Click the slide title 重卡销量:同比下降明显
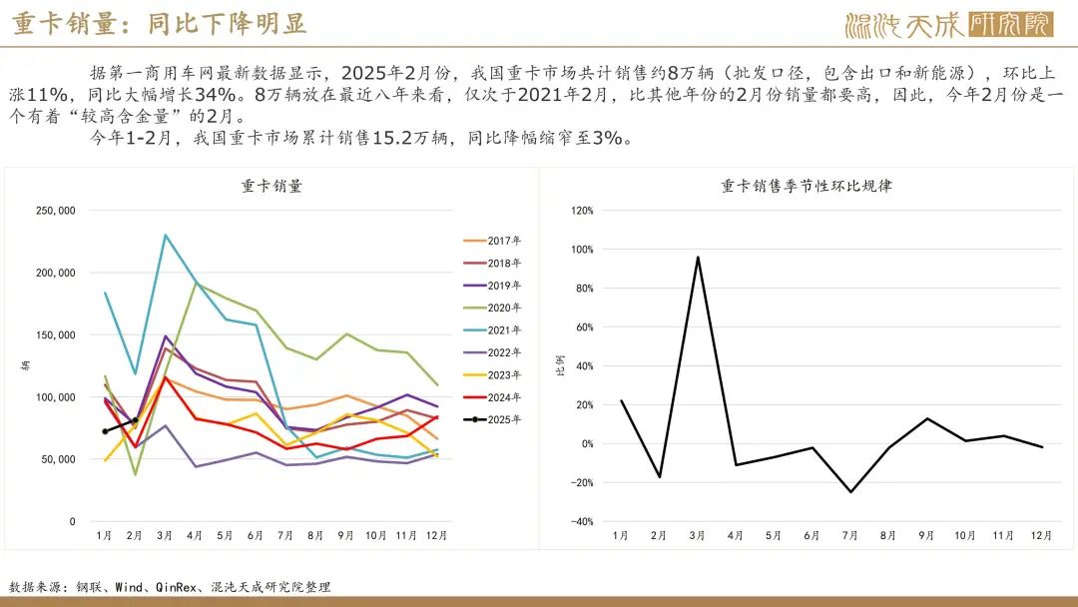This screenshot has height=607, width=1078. pos(160,24)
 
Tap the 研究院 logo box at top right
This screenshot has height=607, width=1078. pos(1010,25)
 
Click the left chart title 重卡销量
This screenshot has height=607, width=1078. pos(271,186)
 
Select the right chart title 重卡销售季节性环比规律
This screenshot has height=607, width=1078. pos(807,186)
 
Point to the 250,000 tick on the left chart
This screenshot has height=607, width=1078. pos(56,211)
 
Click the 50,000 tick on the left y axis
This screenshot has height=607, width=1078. pos(59,459)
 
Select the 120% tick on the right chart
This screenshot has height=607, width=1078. pos(582,211)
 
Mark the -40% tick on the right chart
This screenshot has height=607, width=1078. pos(581,522)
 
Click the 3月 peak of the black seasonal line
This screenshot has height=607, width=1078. pos(697,257)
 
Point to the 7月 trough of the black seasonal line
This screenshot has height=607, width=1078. pos(851,491)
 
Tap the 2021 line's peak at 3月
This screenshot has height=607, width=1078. pos(165,235)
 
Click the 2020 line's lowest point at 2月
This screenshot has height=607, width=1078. pos(135,474)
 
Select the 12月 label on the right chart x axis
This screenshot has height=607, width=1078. pos(1041,536)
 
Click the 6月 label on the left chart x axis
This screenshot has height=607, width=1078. pos(257,536)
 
